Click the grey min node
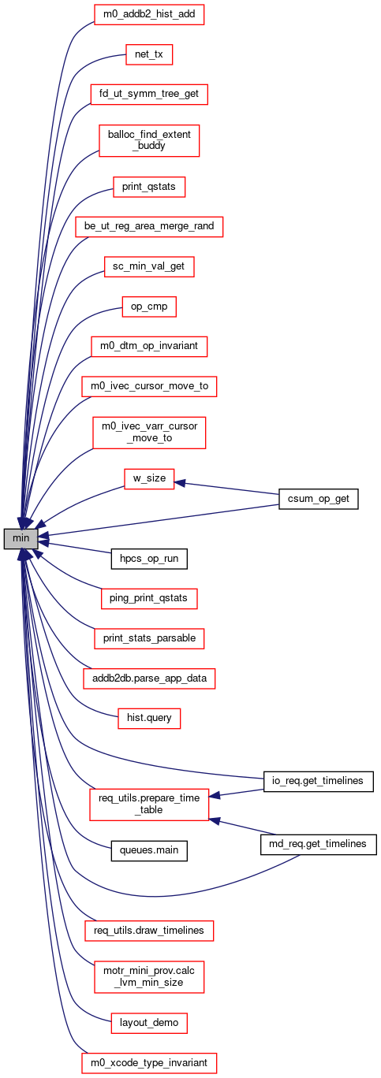[21, 538]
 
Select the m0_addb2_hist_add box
[149, 14]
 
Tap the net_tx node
[149, 54]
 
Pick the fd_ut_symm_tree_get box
[149, 94]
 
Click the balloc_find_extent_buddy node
[149, 140]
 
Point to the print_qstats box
[149, 187]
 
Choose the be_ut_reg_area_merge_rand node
[149, 226]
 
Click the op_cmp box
[149, 307]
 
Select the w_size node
[149, 479]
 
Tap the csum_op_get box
[319, 499]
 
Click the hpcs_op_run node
[149, 559]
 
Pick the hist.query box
[149, 718]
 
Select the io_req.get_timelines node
[319, 781]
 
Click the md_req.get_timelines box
[319, 844]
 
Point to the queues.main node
[149, 851]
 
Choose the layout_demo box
[149, 1023]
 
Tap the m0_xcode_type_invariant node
[149, 1062]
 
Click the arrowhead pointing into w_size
[180, 483]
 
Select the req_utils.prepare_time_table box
[149, 805]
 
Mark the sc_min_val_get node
[149, 266]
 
